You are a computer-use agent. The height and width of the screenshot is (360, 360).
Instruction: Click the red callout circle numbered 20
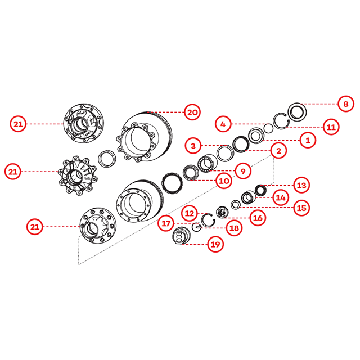coord(192,112)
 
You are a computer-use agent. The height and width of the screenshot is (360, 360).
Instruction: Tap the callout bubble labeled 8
coord(346,103)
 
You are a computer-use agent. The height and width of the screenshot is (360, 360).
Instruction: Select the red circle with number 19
coord(215,244)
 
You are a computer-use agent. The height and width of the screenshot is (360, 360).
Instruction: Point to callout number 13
coord(301,185)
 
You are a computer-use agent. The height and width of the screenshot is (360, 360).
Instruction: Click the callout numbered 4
coord(223,124)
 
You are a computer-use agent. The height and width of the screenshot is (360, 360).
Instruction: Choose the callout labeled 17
coord(166,223)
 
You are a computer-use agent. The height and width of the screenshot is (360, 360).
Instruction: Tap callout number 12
coord(190,213)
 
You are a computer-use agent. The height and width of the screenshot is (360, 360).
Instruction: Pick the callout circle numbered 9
coord(243,171)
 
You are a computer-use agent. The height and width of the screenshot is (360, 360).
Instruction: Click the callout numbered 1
coord(308,140)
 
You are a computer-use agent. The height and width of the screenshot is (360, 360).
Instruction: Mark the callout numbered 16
coord(258,218)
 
